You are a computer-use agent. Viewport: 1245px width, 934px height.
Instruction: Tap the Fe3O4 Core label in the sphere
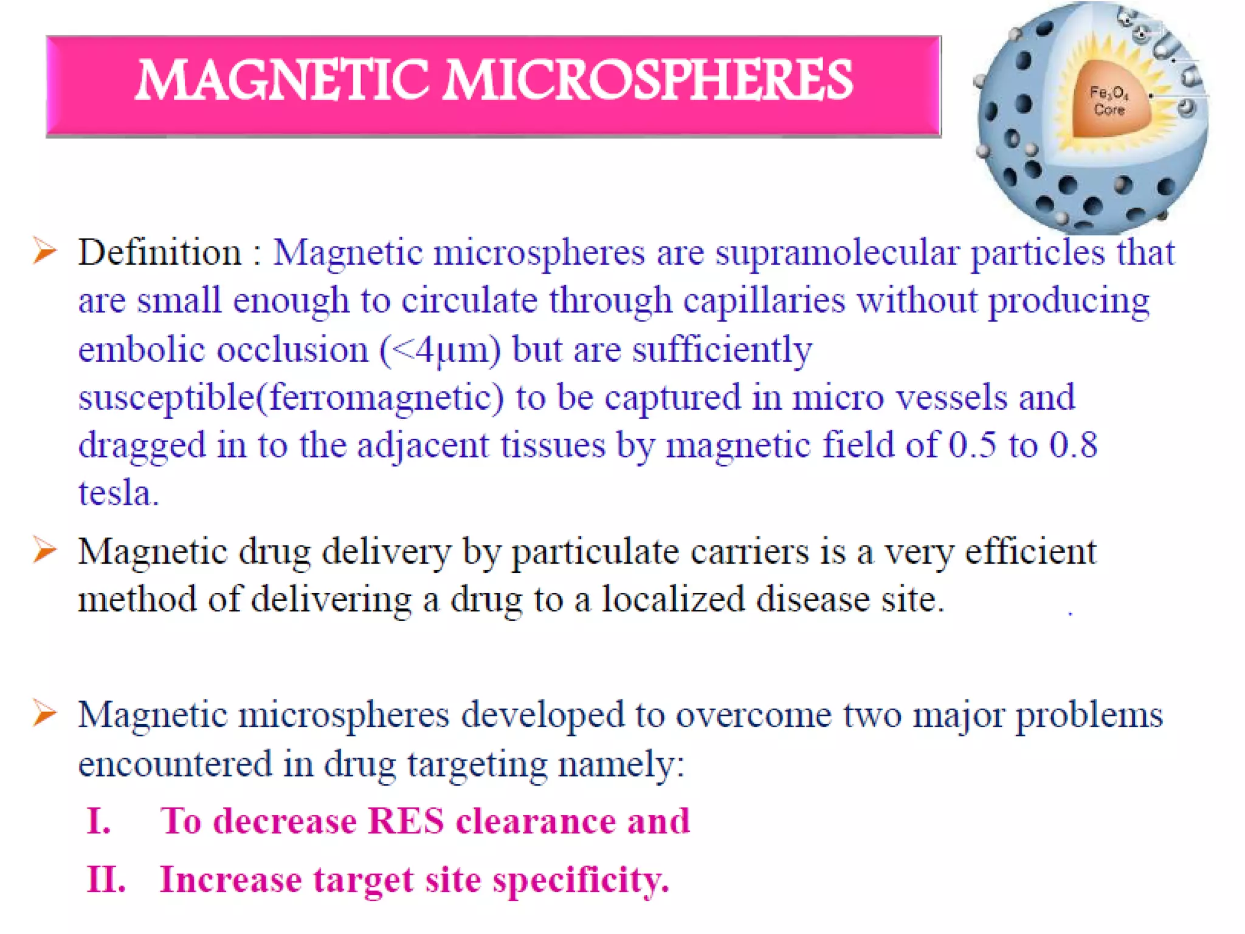click(x=1109, y=101)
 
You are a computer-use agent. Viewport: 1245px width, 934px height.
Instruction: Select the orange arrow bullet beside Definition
click(x=45, y=251)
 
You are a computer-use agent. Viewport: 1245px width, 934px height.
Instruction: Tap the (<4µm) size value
click(x=441, y=350)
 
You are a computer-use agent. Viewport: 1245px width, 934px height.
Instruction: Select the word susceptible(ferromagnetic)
click(x=291, y=398)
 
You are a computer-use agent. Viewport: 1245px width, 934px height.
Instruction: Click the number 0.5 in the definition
click(x=972, y=445)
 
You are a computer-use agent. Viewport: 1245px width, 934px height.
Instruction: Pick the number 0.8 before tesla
click(x=1073, y=445)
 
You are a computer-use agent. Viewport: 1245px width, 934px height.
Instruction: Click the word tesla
click(x=118, y=493)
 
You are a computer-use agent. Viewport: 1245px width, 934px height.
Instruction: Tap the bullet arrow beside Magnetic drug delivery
click(x=45, y=550)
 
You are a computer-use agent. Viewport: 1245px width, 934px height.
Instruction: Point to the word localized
click(x=673, y=600)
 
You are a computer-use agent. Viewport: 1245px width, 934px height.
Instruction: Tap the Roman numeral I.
click(x=98, y=821)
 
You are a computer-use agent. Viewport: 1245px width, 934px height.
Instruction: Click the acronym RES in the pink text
click(x=406, y=821)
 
